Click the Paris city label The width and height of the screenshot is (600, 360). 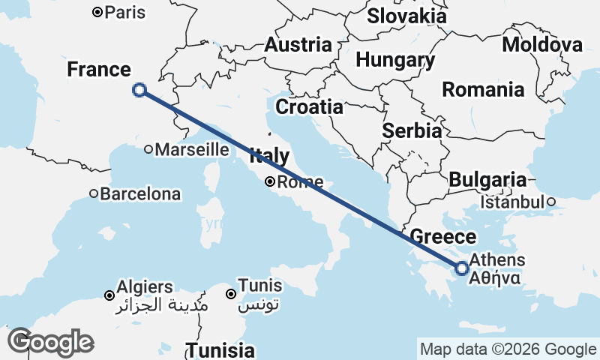point(125,12)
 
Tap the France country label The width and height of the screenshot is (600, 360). point(98,70)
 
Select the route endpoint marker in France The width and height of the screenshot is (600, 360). point(139,90)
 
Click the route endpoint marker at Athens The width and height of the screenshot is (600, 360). point(461,268)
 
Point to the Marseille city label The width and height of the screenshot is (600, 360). point(192,149)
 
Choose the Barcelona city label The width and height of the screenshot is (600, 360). point(140,193)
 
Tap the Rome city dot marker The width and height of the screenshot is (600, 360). point(269,181)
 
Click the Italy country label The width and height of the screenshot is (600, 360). point(269,157)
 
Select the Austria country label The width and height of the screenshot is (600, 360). point(298,45)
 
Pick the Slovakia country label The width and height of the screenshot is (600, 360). point(407,16)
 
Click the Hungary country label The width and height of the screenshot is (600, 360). point(395,60)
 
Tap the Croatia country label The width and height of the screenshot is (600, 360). point(309,107)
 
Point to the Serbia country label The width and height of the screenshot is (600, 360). point(412,130)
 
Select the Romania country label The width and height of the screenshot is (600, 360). point(483,90)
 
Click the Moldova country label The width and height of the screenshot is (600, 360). point(542,44)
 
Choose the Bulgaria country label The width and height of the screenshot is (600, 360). point(487,180)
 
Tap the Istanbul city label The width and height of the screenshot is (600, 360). point(511,202)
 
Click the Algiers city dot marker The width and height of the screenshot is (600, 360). point(109,295)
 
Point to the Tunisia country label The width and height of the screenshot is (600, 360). point(220,350)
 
